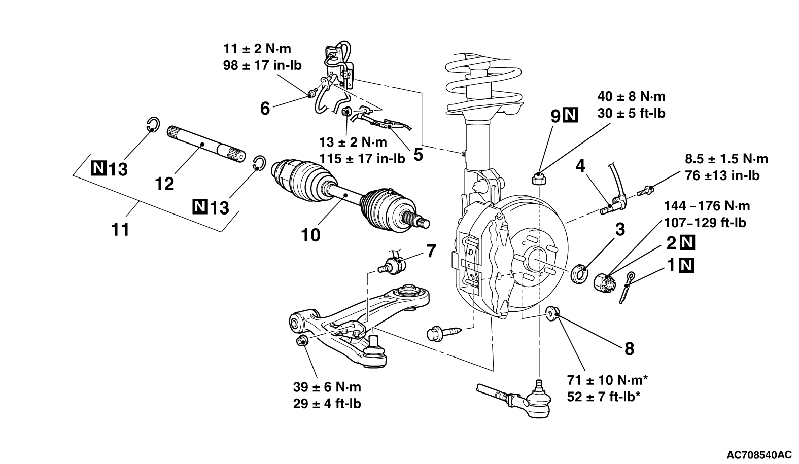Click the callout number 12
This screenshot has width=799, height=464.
(x=164, y=184)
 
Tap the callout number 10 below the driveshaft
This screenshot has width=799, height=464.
(x=310, y=235)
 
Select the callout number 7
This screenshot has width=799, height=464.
(x=431, y=251)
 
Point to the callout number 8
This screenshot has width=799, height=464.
(x=630, y=349)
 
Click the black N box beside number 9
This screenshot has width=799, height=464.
(x=570, y=115)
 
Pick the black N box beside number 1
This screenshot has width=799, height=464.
(x=687, y=265)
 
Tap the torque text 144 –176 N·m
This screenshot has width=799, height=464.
(x=707, y=206)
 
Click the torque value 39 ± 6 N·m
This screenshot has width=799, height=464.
(x=327, y=387)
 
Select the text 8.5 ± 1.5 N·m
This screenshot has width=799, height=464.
(x=726, y=159)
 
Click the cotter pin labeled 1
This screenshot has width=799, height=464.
(x=627, y=287)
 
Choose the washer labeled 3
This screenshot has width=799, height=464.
(x=580, y=274)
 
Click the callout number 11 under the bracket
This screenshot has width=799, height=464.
(x=120, y=230)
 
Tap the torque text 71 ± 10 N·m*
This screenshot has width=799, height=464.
(x=607, y=380)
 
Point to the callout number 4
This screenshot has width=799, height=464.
(x=581, y=166)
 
